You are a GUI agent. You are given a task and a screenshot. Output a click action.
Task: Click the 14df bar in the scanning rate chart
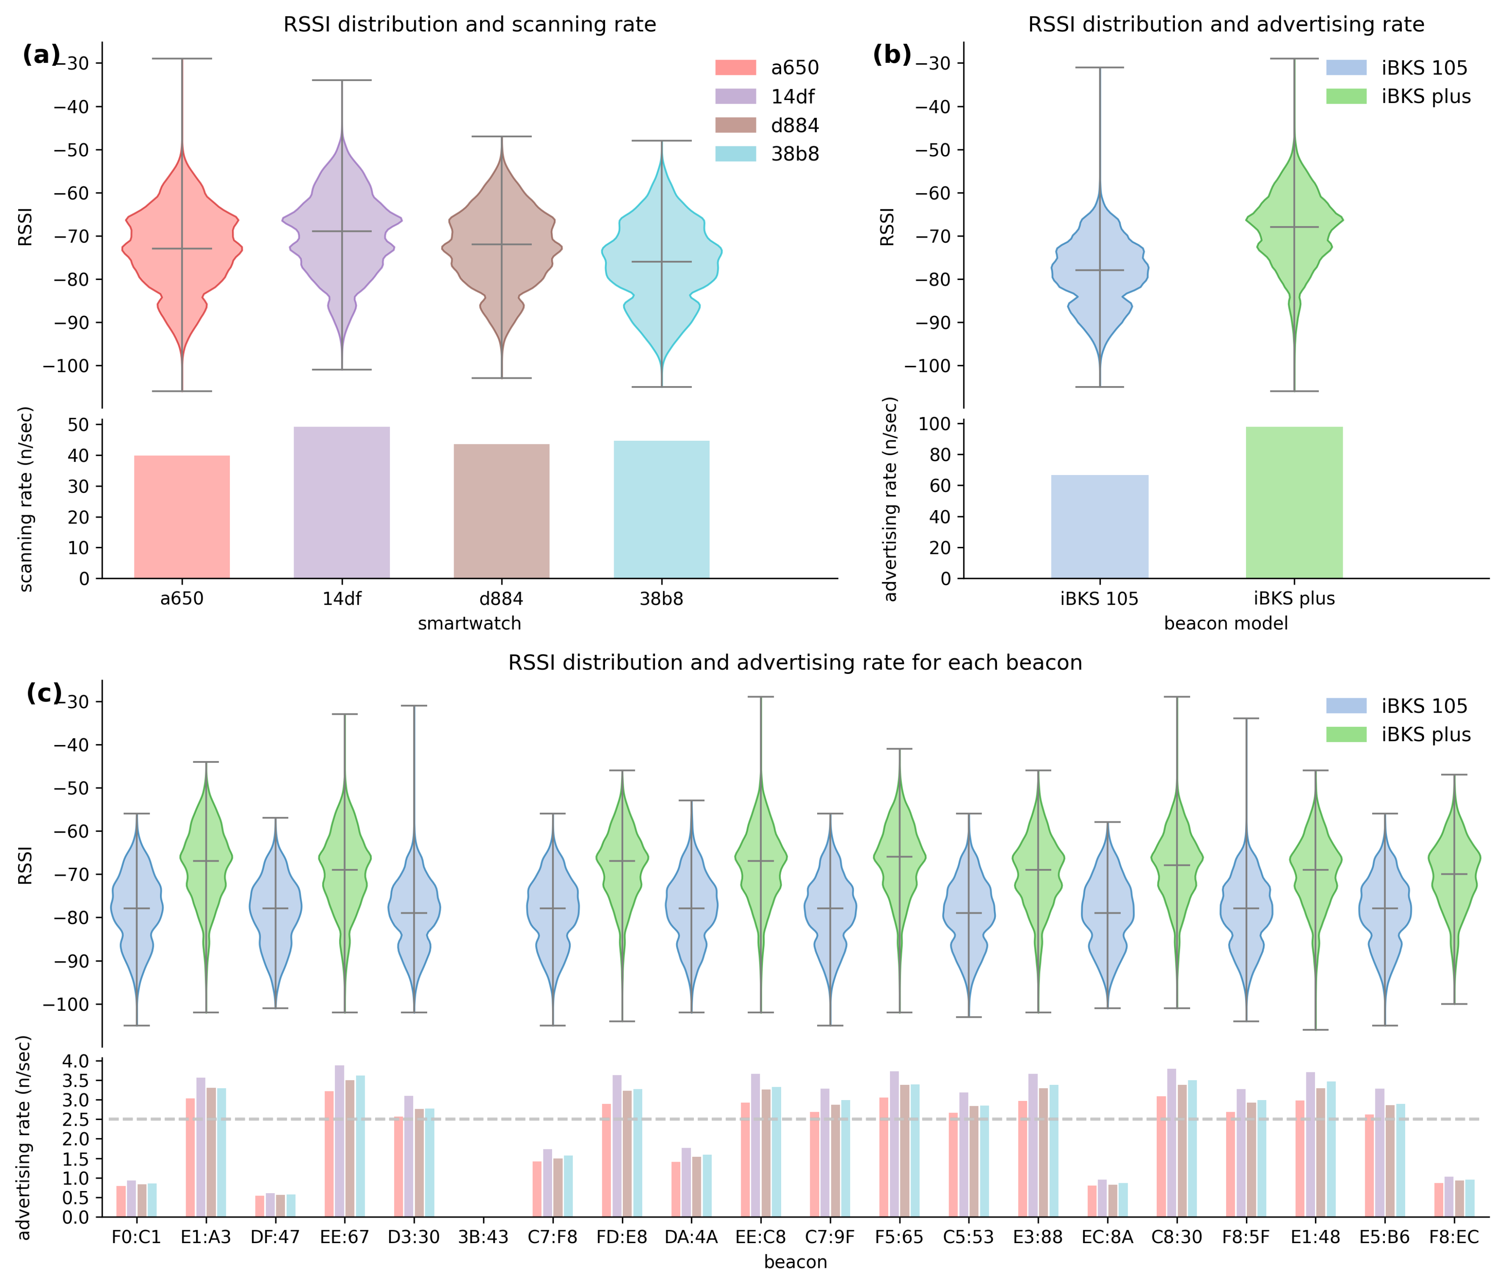(342, 502)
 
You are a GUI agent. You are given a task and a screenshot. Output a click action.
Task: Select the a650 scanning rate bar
(182, 517)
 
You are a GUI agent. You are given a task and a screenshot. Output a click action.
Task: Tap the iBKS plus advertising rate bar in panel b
(1294, 502)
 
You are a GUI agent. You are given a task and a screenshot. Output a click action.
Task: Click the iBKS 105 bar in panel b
(1099, 527)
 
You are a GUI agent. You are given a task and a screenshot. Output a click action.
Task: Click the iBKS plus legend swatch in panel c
(1346, 734)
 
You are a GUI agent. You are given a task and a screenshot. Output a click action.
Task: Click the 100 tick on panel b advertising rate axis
(935, 424)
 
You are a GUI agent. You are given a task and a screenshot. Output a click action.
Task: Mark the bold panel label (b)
(892, 55)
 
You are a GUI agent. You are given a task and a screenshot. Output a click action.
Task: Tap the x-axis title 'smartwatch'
(469, 623)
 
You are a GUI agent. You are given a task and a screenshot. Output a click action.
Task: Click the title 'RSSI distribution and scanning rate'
(469, 25)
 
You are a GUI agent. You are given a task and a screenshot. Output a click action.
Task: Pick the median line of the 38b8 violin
(662, 262)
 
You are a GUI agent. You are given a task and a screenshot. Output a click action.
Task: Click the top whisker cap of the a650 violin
(182, 58)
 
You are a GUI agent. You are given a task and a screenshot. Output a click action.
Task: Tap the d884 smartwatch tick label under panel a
(502, 599)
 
